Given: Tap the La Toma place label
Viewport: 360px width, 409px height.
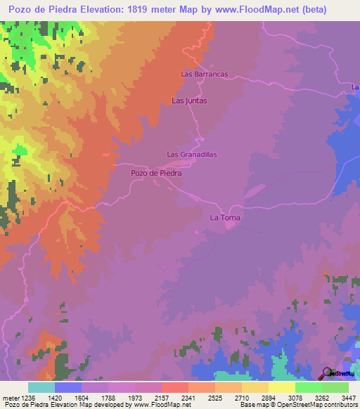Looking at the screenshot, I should point(225,218).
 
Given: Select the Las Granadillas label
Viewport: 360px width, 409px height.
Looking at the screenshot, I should point(191,155).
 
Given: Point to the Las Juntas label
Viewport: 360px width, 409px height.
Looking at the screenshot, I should point(190,100).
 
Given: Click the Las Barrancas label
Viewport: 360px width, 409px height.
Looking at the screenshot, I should point(205,74).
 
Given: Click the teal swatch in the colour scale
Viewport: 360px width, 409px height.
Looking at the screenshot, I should point(41,387).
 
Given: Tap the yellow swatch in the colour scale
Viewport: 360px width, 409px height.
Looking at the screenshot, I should point(282,387).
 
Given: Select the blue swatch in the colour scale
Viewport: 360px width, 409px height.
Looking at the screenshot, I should point(68,387).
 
